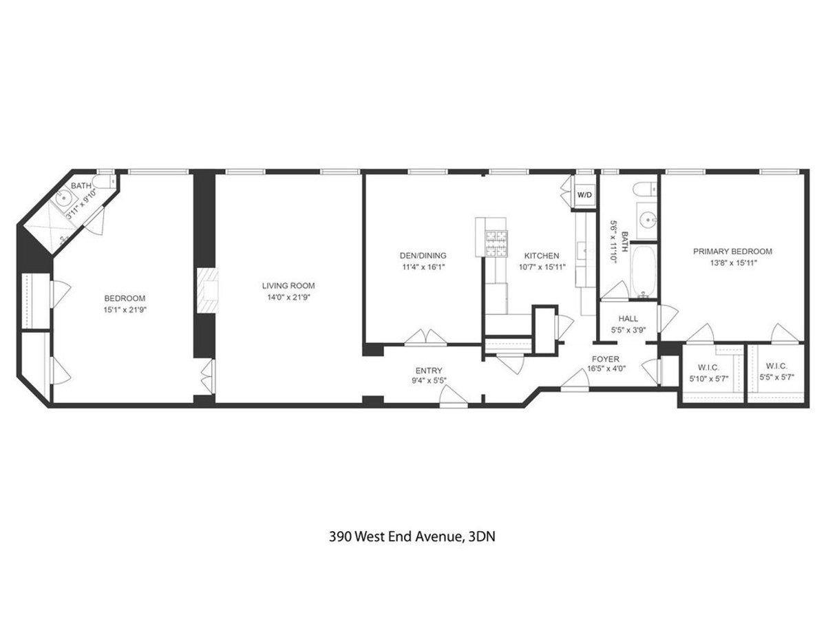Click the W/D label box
[584, 195]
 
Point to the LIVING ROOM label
[288, 285]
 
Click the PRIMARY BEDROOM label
[732, 251]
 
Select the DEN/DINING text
[423, 255]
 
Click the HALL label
[628, 319]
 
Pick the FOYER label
[606, 359]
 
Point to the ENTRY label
[429, 370]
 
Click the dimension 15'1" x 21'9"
[125, 309]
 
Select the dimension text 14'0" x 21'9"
[288, 297]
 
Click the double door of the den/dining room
[426, 338]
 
